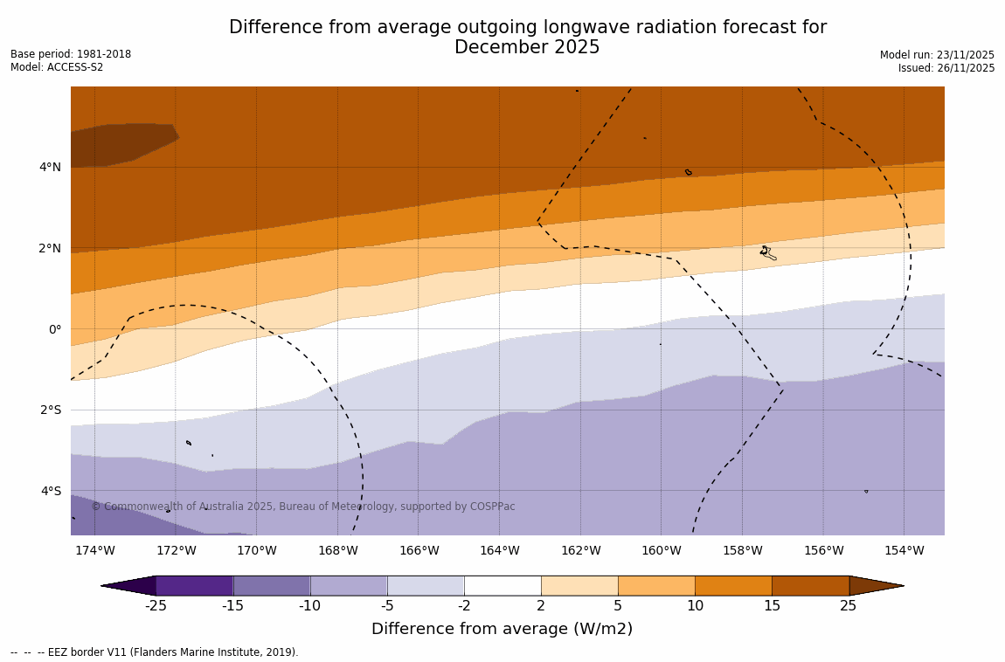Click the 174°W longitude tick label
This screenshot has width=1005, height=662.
point(94,550)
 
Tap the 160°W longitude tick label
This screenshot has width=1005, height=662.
point(661,550)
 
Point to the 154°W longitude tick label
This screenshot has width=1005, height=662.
point(904,550)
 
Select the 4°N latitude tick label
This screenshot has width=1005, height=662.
point(50,167)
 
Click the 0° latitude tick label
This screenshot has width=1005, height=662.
point(54,329)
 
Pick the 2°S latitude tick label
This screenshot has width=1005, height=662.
point(50,410)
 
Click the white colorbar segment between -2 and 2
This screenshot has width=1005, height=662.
point(502,585)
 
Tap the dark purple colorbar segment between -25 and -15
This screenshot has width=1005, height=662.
point(194,585)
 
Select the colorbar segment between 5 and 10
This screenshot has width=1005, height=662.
point(656,585)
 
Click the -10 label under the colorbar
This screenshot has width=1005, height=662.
point(310,606)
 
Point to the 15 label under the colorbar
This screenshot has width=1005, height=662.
point(772,606)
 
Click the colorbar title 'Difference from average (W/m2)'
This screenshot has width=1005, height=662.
point(502,629)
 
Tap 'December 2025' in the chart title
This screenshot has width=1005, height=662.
point(527,48)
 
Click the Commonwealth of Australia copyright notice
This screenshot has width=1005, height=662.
point(303,507)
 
